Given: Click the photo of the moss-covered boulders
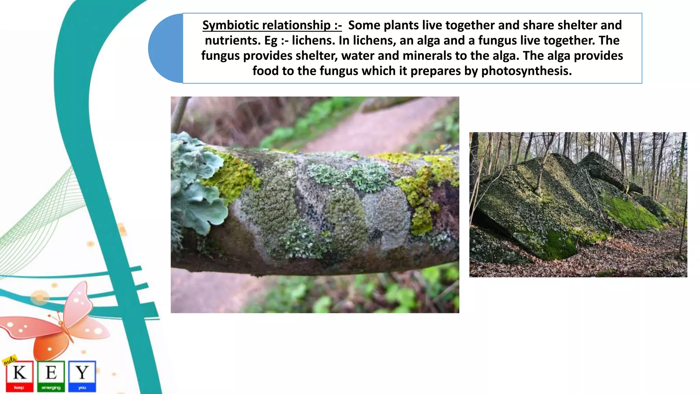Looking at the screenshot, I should (x=578, y=205).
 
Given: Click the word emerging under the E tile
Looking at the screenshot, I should (x=51, y=388).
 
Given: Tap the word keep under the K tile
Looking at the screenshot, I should (x=19, y=388).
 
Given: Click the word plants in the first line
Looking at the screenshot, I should (x=401, y=25).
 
